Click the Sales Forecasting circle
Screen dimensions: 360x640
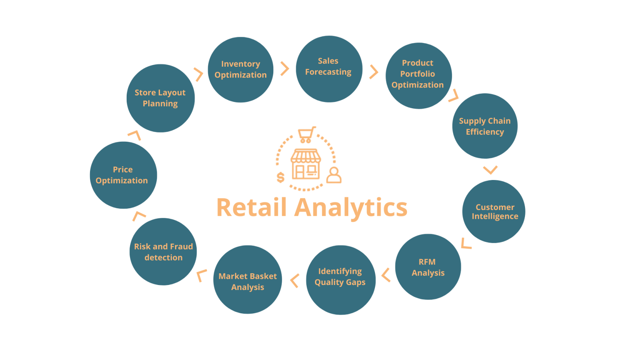pos(329,69)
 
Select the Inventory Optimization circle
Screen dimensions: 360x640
pos(240,70)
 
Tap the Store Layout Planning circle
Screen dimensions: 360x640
pos(160,98)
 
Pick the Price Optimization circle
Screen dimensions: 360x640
pos(123,175)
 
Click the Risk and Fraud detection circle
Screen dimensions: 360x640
pos(163,252)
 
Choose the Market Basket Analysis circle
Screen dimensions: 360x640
pos(247,280)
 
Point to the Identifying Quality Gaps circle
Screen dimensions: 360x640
pos(340,280)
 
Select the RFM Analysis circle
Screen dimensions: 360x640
pos(428,267)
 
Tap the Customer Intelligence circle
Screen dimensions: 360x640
pos(494,212)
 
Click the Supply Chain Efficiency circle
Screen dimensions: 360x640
pos(485,126)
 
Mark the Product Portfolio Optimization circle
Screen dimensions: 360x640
pos(418,75)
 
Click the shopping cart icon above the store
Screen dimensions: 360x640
pos(306,135)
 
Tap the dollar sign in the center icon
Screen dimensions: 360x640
pos(281,177)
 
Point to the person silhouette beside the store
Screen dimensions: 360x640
pos(334,175)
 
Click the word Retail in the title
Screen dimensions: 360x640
pos(252,207)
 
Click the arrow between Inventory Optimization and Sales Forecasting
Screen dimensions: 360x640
pos(285,69)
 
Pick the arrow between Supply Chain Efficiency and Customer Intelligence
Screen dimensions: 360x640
pos(490,170)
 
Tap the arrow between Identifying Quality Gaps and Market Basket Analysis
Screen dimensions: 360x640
pos(295,281)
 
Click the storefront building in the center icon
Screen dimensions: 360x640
pos(306,164)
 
